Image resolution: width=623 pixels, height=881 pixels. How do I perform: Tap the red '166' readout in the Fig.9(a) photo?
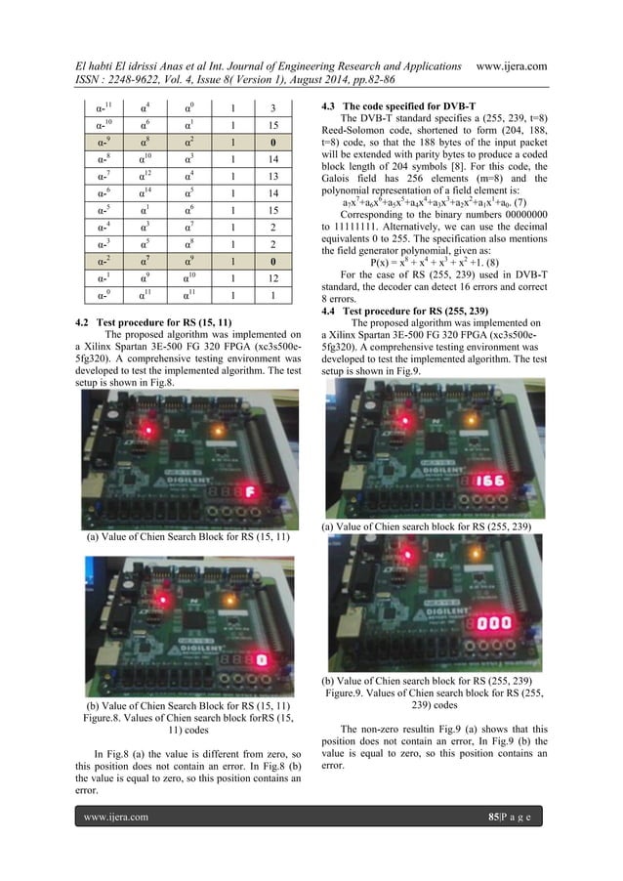click(x=491, y=480)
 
